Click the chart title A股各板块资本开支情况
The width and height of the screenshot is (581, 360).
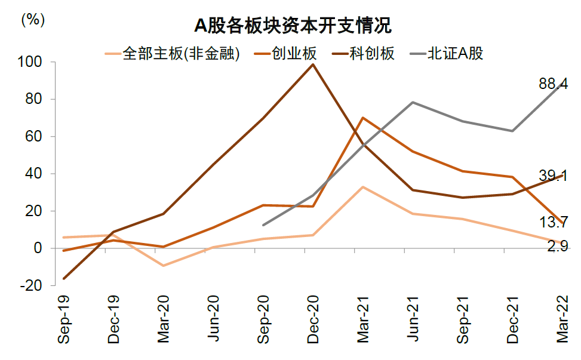coord(292,27)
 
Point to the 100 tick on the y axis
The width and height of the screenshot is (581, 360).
coord(30,62)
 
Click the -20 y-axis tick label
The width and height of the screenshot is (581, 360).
coord(30,285)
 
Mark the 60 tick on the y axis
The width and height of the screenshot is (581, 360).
coord(33,137)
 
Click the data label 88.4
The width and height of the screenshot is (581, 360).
coord(553,85)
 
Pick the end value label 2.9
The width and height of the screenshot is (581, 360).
coord(557,245)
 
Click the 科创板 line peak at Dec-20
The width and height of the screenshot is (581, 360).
coord(313,64)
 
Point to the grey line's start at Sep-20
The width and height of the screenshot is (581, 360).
coord(263,225)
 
